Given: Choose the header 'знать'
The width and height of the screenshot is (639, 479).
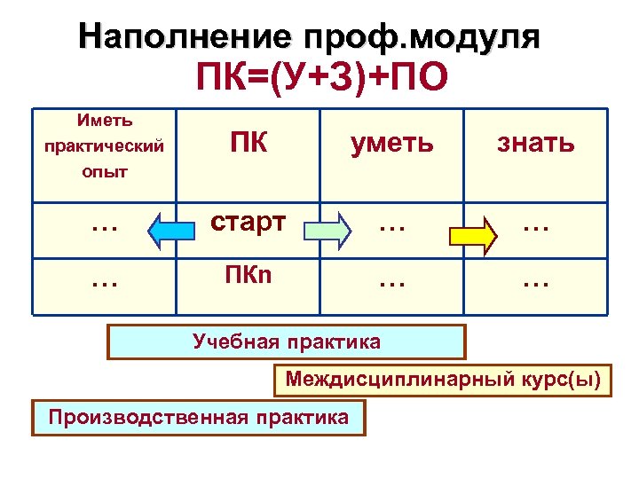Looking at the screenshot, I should click(x=535, y=143).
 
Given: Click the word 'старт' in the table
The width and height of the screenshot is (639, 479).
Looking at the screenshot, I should click(x=248, y=224).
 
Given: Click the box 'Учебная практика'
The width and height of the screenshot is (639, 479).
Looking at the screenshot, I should click(x=287, y=342).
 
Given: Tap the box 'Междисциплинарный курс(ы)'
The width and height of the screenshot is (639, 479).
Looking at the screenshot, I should click(x=443, y=381).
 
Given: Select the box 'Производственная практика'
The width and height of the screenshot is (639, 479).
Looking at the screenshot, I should click(x=199, y=417).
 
